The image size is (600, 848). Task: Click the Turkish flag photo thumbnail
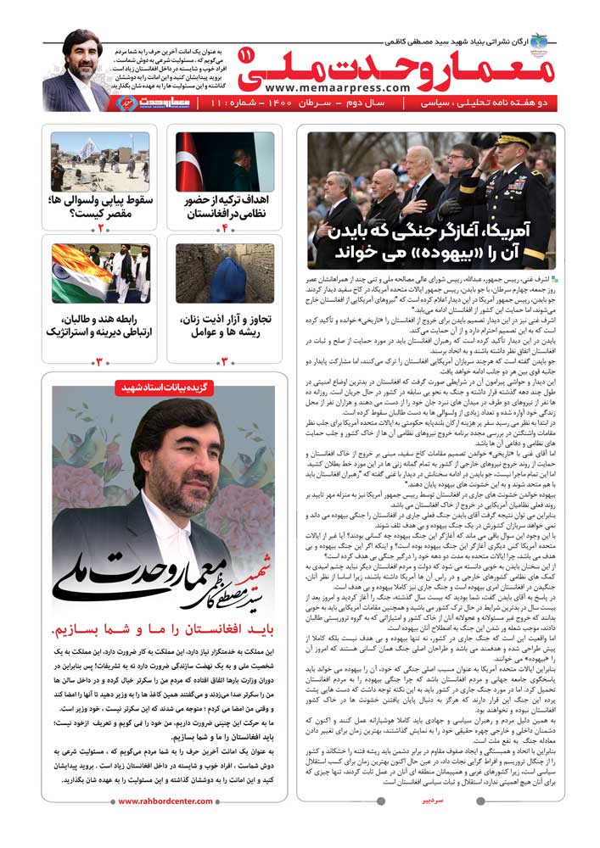tap(225, 161)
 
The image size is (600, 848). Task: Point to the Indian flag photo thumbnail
tap(100, 274)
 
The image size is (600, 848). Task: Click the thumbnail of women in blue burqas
tap(225, 274)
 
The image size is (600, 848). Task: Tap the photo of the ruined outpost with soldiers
tap(100, 161)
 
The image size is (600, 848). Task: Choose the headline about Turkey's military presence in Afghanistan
tap(225, 207)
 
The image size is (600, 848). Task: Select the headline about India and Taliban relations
tap(100, 326)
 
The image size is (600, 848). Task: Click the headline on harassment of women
tap(225, 326)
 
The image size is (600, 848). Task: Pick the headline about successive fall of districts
tap(100, 207)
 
